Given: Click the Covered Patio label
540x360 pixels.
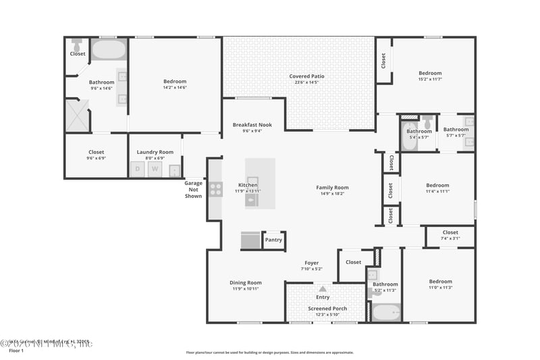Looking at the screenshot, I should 307,76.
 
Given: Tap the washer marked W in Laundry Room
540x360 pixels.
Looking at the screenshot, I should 155,169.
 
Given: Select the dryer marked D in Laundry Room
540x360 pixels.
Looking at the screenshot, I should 138,169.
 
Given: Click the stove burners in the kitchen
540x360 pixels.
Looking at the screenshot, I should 215,189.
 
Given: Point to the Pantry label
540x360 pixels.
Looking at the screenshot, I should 273,240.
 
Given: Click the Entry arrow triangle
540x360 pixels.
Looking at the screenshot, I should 323,288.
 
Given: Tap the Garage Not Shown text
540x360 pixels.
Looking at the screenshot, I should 194,190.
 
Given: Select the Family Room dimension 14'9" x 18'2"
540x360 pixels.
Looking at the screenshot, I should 332,194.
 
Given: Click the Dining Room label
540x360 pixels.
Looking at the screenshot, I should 245,283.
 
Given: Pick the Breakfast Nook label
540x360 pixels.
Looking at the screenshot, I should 252,125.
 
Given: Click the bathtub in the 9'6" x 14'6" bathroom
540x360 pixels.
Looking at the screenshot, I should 109,50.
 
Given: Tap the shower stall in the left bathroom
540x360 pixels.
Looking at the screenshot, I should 77,115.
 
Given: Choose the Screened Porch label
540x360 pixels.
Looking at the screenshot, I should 327,309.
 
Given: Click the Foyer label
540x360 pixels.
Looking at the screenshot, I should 311,263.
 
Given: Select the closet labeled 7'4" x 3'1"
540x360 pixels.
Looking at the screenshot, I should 450,235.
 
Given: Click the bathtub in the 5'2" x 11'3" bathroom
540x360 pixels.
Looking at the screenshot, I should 386,313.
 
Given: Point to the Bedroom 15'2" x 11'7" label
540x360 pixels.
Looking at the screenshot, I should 430,73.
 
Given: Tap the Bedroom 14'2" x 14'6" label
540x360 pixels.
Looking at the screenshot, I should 175,82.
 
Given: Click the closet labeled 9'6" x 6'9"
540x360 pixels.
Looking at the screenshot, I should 97,155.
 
